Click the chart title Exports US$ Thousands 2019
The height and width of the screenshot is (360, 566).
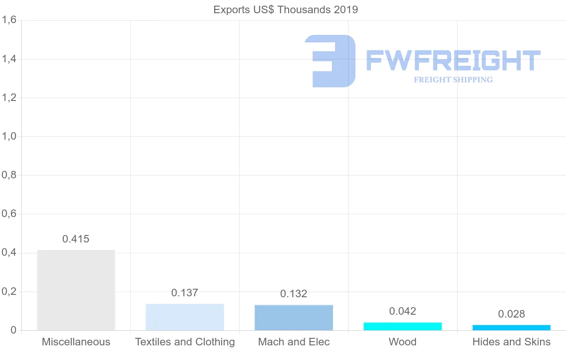286,9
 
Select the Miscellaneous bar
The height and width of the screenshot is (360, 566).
76,290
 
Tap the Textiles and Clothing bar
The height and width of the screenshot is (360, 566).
185,317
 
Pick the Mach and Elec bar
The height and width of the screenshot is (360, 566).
294,317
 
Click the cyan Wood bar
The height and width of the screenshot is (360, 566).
403,326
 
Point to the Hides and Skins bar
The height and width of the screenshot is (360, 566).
512,327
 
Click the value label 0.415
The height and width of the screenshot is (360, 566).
76,239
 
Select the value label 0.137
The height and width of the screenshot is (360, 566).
185,293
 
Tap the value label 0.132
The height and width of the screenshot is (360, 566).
294,293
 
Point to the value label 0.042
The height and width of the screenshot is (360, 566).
403,311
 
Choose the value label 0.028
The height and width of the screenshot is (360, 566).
512,314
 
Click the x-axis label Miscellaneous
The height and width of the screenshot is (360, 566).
76,342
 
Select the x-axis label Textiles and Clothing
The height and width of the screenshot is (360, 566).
185,342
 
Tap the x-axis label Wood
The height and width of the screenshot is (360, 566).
403,342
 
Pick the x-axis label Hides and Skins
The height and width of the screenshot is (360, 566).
512,342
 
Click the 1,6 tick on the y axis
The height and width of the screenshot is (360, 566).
9,20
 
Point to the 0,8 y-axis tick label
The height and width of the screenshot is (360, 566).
9,175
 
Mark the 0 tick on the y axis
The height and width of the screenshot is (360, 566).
13,330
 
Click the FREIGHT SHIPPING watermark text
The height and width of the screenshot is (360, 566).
453,80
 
